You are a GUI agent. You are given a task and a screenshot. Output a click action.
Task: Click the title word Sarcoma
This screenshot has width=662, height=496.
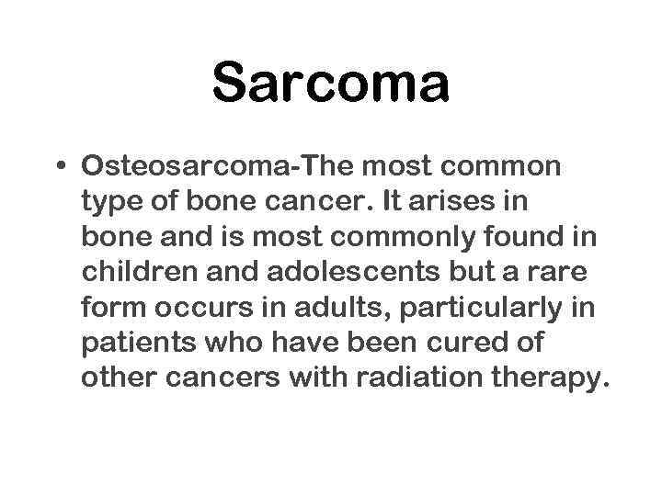331,82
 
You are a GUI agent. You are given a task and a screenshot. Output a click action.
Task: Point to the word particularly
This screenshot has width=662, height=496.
477,308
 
